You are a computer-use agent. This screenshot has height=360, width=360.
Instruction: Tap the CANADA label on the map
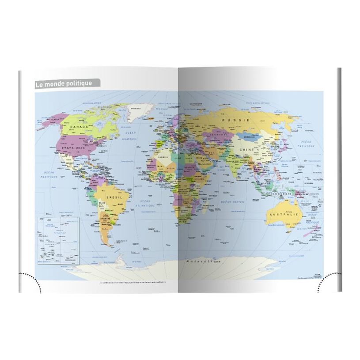tap(80, 127)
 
